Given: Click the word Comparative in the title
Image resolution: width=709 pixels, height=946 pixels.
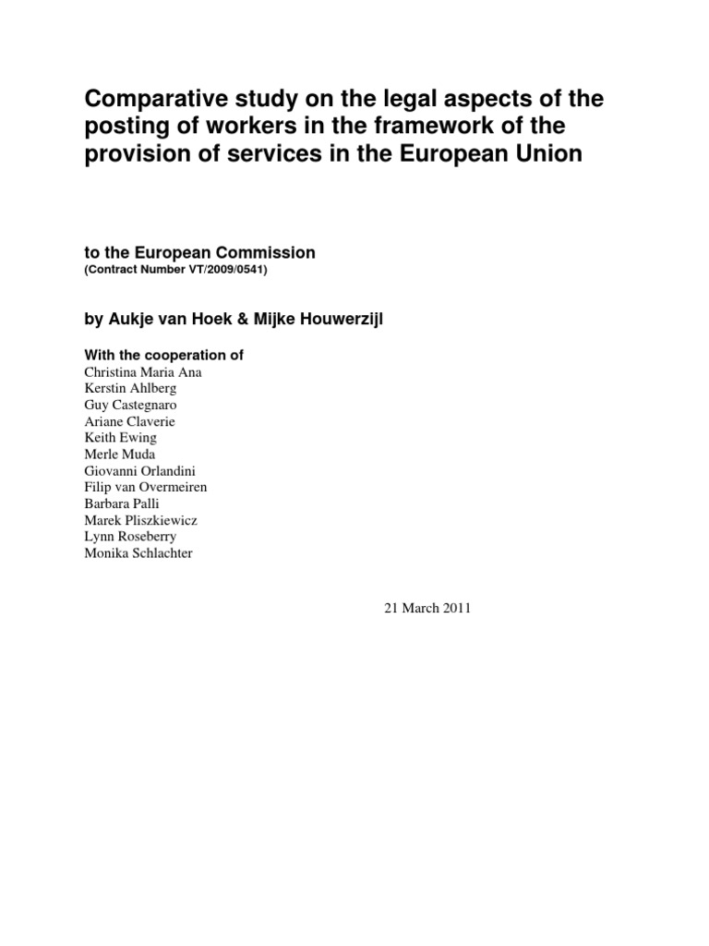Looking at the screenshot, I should click(147, 99).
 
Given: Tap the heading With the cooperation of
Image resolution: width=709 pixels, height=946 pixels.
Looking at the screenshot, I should click(163, 355).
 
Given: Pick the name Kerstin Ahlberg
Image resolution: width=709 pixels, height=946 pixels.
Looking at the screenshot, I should click(130, 388).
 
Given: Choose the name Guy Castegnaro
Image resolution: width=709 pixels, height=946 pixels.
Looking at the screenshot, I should click(131, 405).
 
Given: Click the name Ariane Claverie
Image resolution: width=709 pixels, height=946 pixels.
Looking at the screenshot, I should click(130, 421).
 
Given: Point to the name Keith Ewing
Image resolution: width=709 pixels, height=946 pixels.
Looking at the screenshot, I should click(119, 438).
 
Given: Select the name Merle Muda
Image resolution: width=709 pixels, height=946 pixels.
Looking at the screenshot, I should click(120, 454).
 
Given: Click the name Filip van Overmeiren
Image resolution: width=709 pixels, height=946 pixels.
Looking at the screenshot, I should click(146, 487).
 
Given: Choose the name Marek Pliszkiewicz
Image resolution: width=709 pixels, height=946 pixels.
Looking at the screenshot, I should click(140, 520).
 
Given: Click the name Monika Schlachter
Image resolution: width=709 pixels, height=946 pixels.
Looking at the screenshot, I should click(139, 553).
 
